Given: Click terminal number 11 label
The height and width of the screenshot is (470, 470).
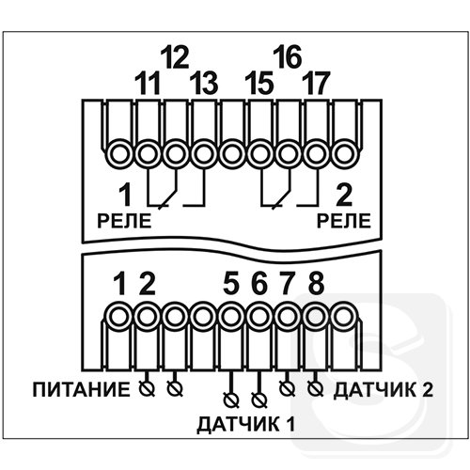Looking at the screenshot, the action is coord(148,84).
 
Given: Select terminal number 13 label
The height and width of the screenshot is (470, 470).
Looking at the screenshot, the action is coord(204,84).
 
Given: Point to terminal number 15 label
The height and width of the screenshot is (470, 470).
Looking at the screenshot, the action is coord(259,84).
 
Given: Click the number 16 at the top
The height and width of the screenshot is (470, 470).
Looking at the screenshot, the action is coord(287,57).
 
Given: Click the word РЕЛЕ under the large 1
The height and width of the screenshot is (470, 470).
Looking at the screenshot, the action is coord(124,221).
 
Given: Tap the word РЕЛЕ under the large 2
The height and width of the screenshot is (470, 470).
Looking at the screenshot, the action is coord(344,221).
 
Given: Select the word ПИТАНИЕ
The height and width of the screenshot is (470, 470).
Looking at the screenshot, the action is coord(81,390).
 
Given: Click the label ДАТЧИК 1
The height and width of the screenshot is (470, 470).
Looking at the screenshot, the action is coord(246,424).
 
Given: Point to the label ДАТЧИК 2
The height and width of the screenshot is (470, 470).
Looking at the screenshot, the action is coord(384,390).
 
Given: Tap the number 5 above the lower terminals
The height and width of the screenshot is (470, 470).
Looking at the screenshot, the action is coord(231,284).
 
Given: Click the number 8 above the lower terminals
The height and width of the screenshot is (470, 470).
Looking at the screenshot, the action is coord(316,284).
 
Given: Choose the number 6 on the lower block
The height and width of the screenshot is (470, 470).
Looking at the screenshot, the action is coord(259,284).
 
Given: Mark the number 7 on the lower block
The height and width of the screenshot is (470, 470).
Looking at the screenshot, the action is coord(287,284).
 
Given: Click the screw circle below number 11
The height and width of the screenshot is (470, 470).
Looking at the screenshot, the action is coord(148,154).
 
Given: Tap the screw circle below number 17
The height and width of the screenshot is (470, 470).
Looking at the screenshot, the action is coord(316,154).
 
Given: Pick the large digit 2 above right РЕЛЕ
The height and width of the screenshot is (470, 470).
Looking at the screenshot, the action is coord(344,195).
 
